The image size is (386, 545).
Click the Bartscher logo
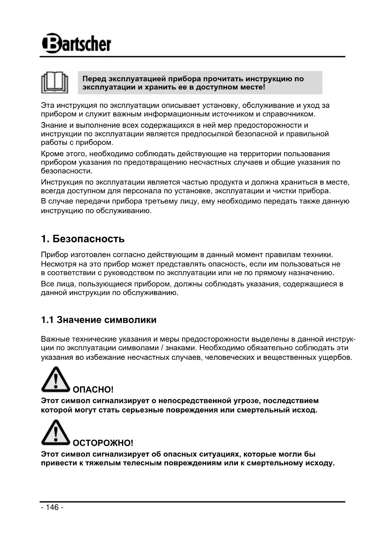tap(77, 44)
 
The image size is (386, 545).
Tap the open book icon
tap(55, 83)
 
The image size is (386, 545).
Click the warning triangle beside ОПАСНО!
tap(55, 380)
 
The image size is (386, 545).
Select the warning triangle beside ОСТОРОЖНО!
tap(55, 433)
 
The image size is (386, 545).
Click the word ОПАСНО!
tap(93, 390)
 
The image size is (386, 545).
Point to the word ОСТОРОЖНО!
tap(103, 443)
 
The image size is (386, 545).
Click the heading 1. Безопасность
tap(83, 239)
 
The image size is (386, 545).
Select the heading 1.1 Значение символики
tap(99, 320)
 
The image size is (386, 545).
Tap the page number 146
tap(52, 507)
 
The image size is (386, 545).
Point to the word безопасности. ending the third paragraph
tap(67, 171)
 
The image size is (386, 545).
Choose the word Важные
tap(55, 339)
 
